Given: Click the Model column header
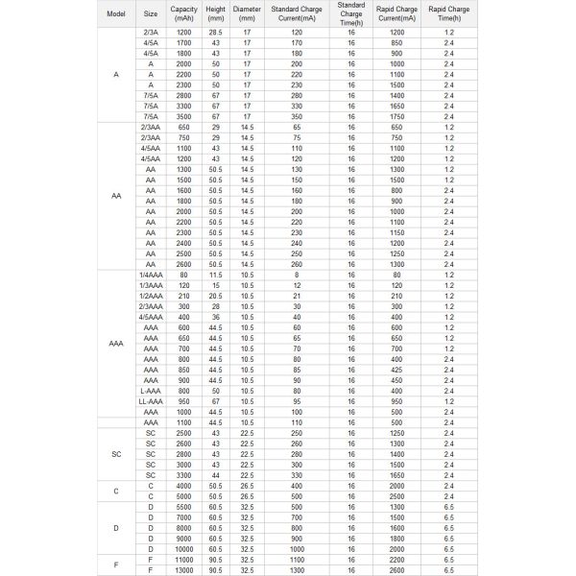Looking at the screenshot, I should [x=116, y=14].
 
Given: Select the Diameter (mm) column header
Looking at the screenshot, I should [x=247, y=14].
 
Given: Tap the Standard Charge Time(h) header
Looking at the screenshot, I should [x=351, y=14].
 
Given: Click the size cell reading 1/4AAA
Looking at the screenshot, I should [x=151, y=275].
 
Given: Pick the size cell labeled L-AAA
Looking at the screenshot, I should [x=151, y=391].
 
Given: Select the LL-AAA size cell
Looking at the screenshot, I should [x=151, y=401].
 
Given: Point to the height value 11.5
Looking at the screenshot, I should [x=216, y=275].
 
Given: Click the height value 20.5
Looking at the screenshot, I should [x=216, y=296].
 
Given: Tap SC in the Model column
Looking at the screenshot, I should [x=116, y=453].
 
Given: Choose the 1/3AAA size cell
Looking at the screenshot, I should [x=151, y=285].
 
